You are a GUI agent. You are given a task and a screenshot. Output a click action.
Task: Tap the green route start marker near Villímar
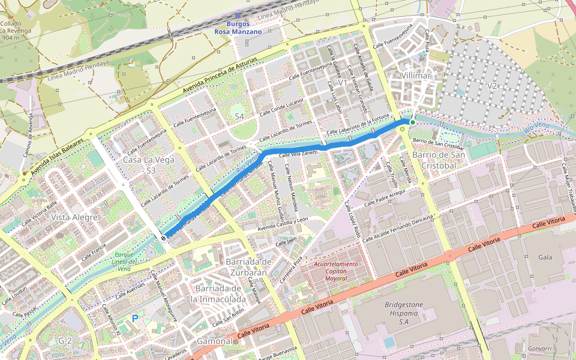(412, 122)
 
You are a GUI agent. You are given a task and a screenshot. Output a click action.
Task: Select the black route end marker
(163, 238)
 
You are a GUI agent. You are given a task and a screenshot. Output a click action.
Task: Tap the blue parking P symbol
(135, 318)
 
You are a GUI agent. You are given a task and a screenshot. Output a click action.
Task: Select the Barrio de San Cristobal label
(439, 160)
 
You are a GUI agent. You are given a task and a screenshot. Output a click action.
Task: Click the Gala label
(545, 257)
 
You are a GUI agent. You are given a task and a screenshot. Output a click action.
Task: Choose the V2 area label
(492, 86)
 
